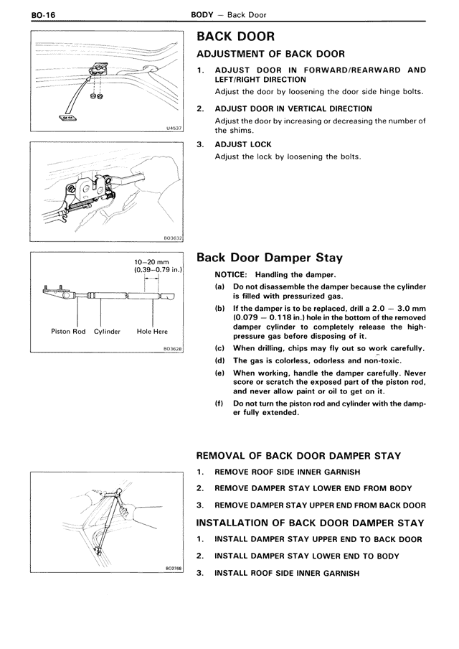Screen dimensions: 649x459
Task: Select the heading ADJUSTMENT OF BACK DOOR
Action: click(x=270, y=54)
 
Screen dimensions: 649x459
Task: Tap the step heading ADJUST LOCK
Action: click(x=243, y=144)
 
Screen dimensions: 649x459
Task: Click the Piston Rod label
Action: click(x=69, y=332)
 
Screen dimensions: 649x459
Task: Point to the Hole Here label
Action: click(x=152, y=332)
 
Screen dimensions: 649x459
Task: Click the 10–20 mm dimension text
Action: click(x=151, y=263)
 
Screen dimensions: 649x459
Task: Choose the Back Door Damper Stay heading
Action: click(x=270, y=258)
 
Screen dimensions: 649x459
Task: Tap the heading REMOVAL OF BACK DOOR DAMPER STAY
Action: click(x=298, y=456)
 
